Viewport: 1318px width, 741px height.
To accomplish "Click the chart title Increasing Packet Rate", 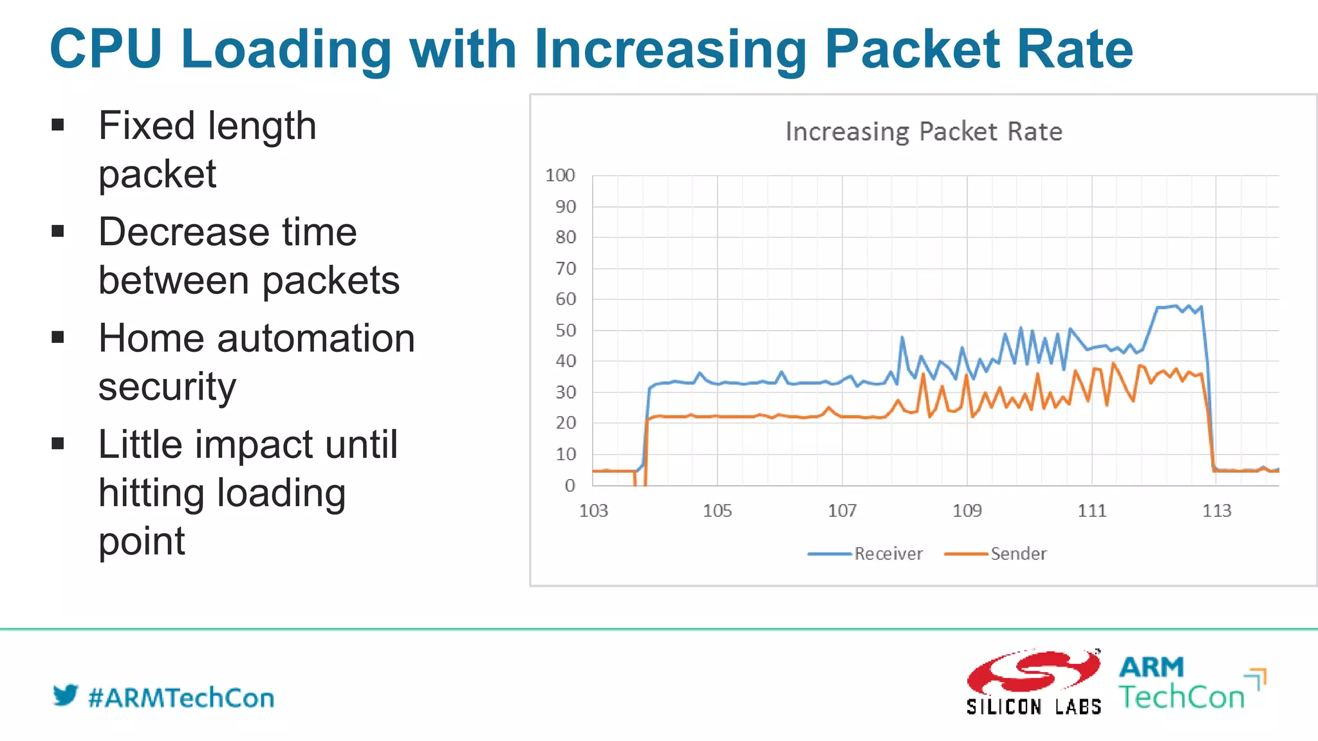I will (x=924, y=132).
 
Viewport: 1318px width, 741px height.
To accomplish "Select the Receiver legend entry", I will (x=866, y=554).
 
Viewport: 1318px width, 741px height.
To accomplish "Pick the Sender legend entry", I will (x=996, y=554).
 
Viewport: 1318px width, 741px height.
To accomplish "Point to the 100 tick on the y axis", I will (x=560, y=176).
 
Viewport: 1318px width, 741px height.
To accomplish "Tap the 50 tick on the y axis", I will (x=566, y=331).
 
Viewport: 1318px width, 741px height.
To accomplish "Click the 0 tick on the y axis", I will (x=570, y=486).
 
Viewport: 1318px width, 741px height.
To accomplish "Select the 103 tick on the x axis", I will (x=593, y=511).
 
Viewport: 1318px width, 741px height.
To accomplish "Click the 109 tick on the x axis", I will (x=967, y=511).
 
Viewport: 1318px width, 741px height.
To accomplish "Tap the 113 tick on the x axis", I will (x=1216, y=511).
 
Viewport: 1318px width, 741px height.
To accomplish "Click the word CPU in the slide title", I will (x=106, y=49).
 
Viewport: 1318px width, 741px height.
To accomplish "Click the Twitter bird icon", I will (x=65, y=695).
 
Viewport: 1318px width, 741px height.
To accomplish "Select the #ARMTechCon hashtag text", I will (x=181, y=698).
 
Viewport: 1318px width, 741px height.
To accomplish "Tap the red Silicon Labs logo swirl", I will (x=1033, y=672).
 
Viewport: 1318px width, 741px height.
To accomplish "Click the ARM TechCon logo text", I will (x=1183, y=683).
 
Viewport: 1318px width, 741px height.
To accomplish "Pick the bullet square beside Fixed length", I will (x=58, y=125).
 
